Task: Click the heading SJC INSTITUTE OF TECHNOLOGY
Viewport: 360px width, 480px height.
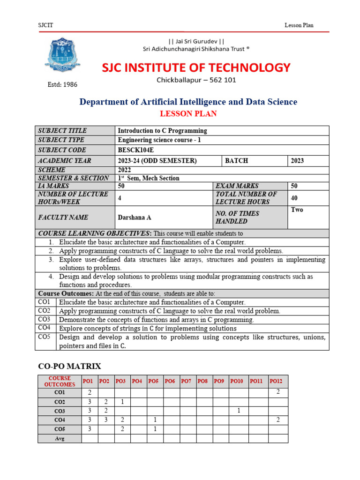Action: coord(196,67)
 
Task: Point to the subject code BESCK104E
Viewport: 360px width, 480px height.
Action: coord(136,150)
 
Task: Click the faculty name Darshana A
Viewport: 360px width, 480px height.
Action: coord(135,217)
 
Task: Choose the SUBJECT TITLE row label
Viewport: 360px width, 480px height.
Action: coord(62,131)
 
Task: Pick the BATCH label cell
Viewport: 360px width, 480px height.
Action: coord(237,160)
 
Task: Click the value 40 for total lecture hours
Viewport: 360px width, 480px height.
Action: coord(294,198)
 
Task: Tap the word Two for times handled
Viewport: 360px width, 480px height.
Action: coord(297,210)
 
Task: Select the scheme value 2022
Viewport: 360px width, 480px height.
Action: coord(125,170)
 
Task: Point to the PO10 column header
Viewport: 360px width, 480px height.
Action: coord(237,381)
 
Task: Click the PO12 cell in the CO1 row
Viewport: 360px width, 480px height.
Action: coord(278,392)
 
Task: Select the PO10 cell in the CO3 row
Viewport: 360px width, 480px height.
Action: coord(238,411)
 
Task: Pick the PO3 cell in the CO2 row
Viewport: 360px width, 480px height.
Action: coord(122,402)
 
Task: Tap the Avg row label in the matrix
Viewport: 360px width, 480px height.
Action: coord(59,439)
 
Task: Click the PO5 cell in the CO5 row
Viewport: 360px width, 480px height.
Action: coord(155,429)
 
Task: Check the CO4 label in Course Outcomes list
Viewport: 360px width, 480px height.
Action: coord(45,328)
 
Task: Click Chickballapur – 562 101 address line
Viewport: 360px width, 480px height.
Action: coord(196,80)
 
